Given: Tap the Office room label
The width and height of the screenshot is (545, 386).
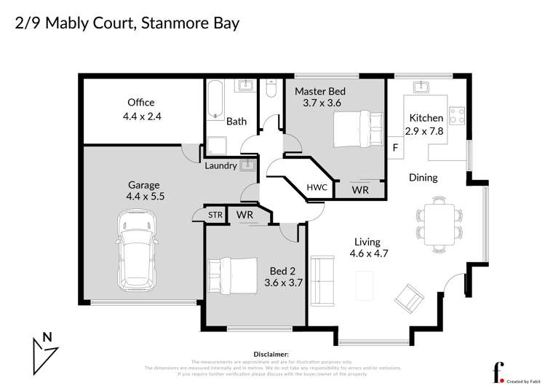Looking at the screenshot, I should (140, 103).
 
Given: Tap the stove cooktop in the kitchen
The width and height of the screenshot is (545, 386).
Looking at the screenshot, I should (457, 115).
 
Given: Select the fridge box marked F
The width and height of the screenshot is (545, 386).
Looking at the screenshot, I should (395, 148).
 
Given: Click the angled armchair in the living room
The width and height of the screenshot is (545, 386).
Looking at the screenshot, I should (408, 296).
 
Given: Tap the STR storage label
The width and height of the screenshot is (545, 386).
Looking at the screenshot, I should (215, 215).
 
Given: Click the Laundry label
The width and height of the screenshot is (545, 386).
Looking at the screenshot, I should (220, 165).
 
